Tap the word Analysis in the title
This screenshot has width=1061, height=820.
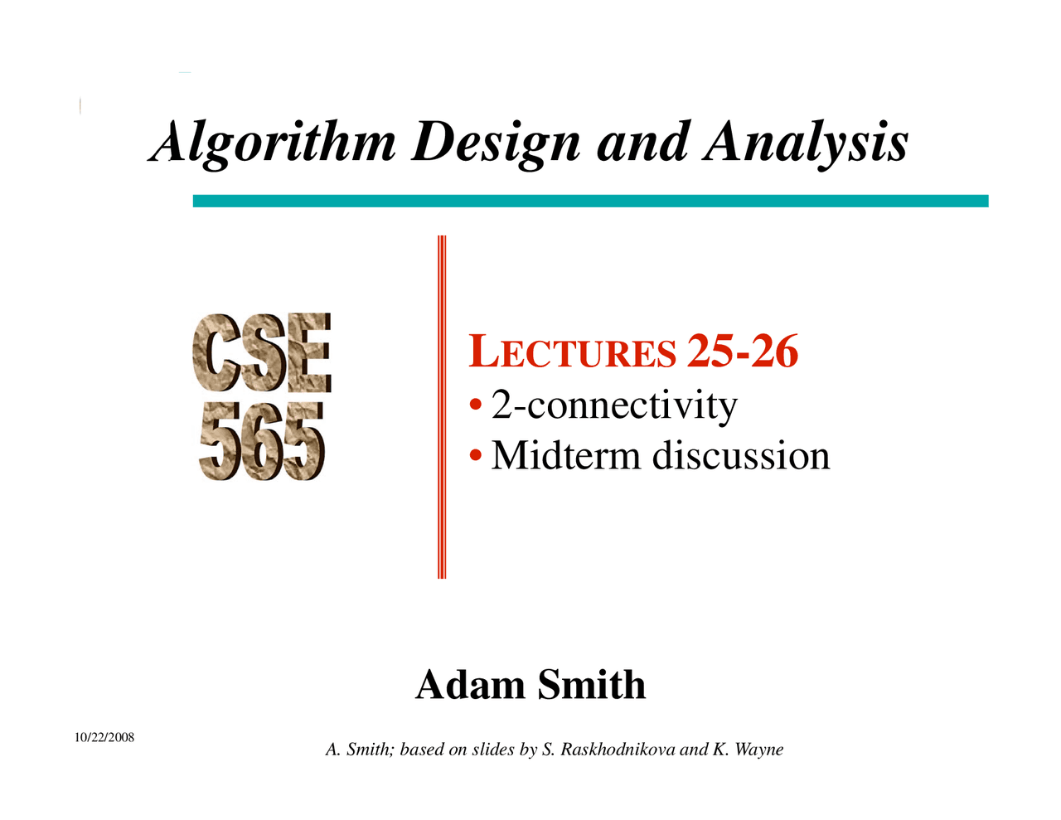point(806,143)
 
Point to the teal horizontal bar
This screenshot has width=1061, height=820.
point(590,201)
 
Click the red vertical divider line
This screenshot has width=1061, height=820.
point(442,406)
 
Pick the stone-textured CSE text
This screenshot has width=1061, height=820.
point(262,353)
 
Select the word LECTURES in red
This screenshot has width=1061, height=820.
point(572,352)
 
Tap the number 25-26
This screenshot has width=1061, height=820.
point(743,351)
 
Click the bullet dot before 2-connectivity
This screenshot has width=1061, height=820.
point(476,406)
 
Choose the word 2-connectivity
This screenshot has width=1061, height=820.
point(614,405)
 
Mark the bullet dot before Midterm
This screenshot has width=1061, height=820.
point(476,456)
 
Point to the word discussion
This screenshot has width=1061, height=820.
point(741,455)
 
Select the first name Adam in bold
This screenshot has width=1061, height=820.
point(470,685)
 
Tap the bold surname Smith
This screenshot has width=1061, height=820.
point(591,685)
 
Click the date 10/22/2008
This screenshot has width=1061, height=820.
point(104,737)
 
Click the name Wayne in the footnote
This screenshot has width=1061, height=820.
point(758,750)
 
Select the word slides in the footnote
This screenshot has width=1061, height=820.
point(493,750)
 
